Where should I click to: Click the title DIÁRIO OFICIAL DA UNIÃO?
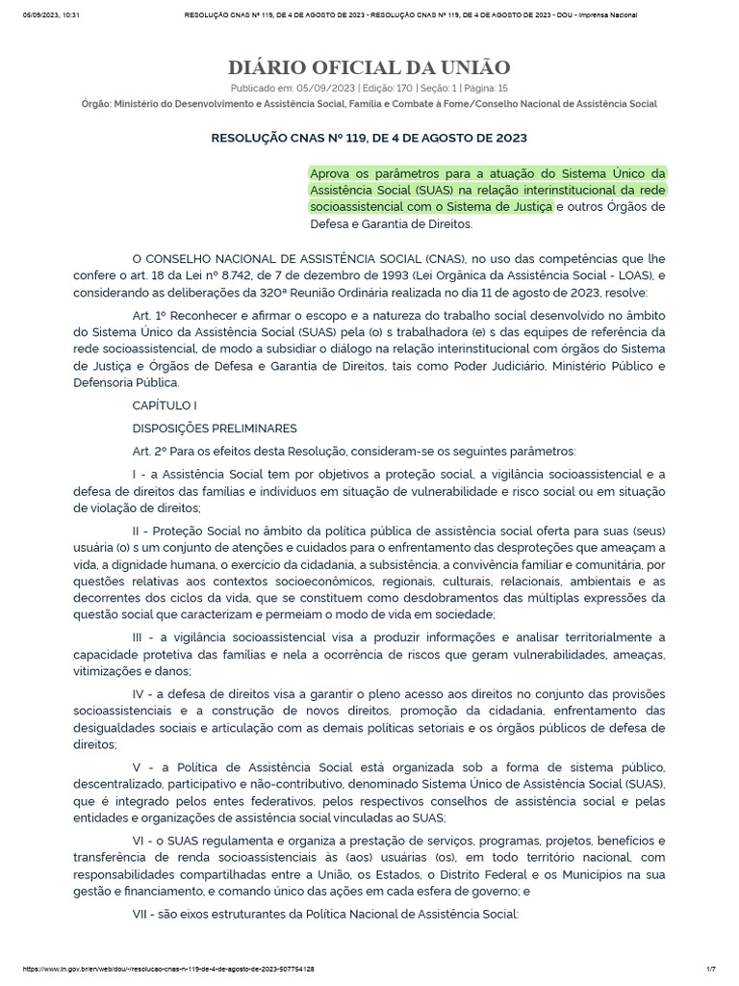point(369,67)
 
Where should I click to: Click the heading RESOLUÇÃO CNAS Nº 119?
point(369,138)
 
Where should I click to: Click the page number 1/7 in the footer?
point(711,969)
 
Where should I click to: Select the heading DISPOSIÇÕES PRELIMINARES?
point(215,428)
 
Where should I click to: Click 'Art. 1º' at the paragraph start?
point(148,315)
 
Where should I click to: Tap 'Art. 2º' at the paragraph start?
point(148,451)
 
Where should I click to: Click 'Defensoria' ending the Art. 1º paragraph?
point(104,382)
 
